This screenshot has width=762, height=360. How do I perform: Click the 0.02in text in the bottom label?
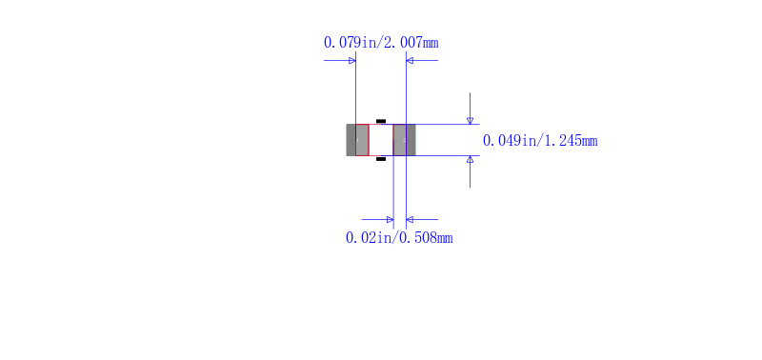point(369,238)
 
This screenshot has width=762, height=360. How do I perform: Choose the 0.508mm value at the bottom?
point(425,238)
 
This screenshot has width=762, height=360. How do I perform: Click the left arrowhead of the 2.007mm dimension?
point(351,61)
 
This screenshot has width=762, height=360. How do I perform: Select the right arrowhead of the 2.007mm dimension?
point(411,61)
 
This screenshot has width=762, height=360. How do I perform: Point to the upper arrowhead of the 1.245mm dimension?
point(470,120)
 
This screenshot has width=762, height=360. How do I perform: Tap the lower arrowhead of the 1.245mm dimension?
point(470,160)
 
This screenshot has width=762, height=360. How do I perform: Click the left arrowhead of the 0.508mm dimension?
point(389,219)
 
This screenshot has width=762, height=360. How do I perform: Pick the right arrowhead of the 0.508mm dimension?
point(411,219)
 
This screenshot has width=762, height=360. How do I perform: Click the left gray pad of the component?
point(357,140)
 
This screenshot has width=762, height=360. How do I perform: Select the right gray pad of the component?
point(405,140)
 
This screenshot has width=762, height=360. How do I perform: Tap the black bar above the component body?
point(381,121)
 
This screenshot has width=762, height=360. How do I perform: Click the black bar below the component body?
point(381,159)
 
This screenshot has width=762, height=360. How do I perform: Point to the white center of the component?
point(381,140)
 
